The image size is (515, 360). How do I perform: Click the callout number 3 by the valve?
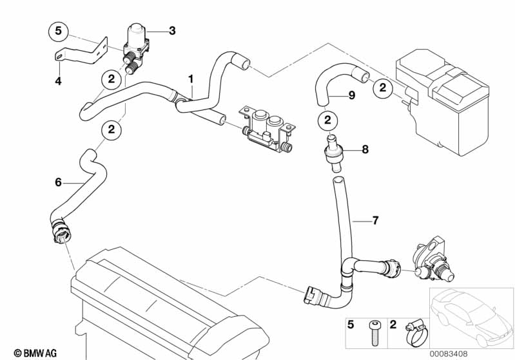(171, 30)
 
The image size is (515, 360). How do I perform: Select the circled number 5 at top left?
(58, 30)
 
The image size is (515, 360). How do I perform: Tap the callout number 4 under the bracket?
(57, 81)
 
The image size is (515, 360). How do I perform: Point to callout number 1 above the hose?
(191, 79)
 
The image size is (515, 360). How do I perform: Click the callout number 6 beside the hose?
(58, 182)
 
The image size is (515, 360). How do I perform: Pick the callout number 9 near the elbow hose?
(351, 95)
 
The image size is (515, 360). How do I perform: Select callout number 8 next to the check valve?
(365, 149)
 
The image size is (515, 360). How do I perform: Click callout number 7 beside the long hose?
(376, 220)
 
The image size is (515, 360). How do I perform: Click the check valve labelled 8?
(333, 152)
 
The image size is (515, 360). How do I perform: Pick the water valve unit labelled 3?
(137, 40)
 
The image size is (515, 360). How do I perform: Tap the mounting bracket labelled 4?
(77, 53)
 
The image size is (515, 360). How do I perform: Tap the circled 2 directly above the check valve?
(327, 120)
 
